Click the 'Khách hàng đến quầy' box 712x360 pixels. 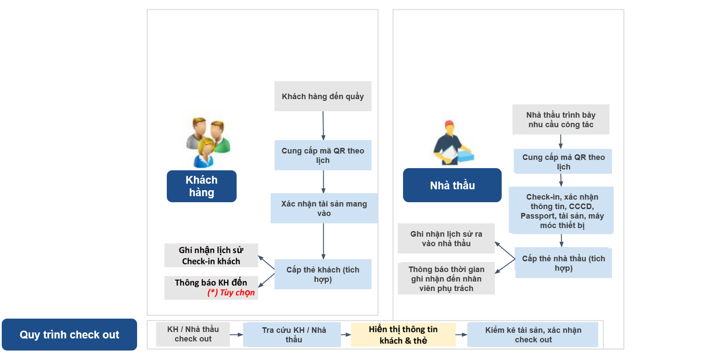[x=323, y=96]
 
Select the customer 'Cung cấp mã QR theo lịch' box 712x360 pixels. [x=323, y=155]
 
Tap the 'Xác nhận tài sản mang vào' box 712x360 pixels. [x=324, y=208]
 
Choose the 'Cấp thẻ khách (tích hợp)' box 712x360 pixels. [x=323, y=274]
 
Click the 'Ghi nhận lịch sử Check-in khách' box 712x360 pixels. [x=211, y=255]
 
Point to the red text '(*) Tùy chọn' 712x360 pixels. [x=231, y=293]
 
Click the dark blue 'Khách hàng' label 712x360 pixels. [x=202, y=186]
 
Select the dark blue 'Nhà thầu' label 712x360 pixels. [x=452, y=185]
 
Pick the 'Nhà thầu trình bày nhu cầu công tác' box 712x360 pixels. [x=561, y=119]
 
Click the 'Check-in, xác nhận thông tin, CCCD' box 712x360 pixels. [x=561, y=211]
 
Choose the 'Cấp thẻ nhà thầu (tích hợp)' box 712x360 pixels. [x=563, y=263]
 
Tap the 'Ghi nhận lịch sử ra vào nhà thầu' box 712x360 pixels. [x=446, y=238]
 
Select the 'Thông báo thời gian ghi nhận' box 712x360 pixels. [x=446, y=279]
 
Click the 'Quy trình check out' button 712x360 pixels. [x=69, y=335]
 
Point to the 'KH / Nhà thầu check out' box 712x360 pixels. [x=193, y=334]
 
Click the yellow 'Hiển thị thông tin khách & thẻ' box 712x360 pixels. [x=403, y=335]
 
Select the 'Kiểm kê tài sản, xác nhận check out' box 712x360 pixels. [x=533, y=335]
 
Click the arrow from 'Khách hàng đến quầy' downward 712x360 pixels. [x=323, y=125]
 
